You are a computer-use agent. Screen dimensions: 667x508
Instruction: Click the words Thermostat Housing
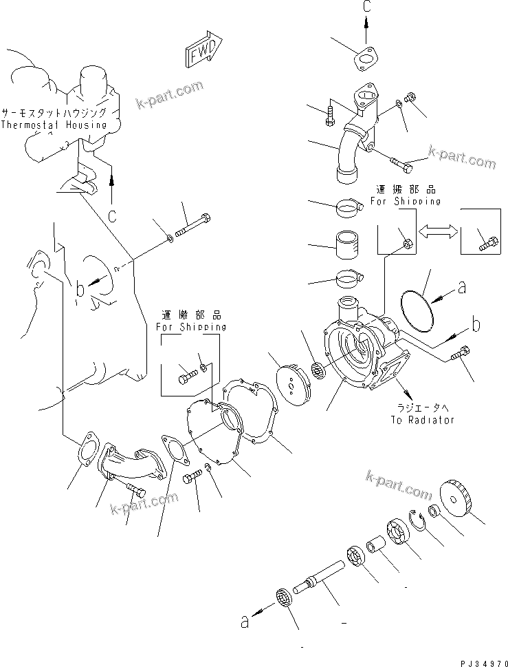click(x=54, y=125)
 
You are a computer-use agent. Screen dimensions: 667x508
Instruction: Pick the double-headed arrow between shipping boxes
click(x=437, y=234)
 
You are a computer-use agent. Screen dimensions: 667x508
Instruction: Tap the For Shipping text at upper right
click(x=405, y=202)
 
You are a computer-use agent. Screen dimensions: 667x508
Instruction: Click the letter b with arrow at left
click(x=80, y=288)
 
